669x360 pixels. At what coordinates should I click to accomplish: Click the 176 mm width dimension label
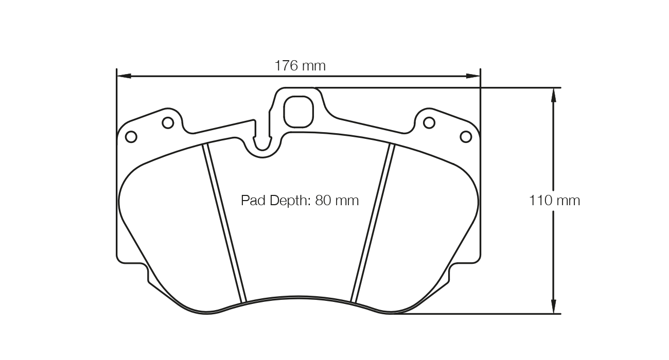click(x=300, y=66)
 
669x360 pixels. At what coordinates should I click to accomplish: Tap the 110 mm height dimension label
click(x=554, y=200)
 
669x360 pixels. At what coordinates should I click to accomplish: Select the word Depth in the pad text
click(x=288, y=200)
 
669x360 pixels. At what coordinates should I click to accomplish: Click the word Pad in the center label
click(x=252, y=200)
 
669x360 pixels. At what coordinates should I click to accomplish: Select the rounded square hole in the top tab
click(x=298, y=112)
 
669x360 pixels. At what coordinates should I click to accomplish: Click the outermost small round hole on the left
click(x=131, y=137)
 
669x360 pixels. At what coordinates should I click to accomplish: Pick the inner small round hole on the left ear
click(x=168, y=123)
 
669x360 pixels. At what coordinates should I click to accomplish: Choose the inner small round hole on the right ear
click(x=429, y=123)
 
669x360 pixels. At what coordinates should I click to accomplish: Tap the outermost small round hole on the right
click(x=466, y=137)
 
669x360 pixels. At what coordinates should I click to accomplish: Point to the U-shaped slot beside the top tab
click(x=263, y=139)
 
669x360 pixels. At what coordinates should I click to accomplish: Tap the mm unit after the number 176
click(x=313, y=66)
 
